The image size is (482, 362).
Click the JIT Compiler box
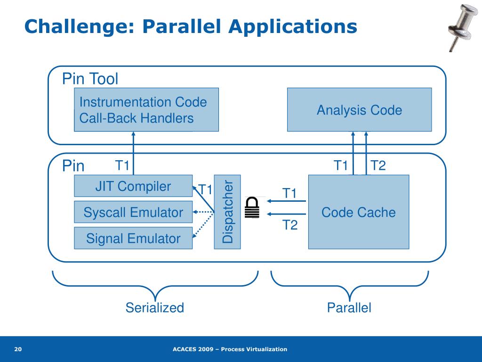click(x=133, y=186)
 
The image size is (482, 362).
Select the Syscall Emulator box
click(x=133, y=212)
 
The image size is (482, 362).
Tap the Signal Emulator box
click(x=133, y=238)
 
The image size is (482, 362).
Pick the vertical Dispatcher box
click(x=227, y=212)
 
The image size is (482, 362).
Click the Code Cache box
click(x=358, y=212)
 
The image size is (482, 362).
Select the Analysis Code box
click(x=359, y=110)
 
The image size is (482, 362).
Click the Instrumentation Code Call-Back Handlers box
click(x=146, y=110)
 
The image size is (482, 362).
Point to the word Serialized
click(x=154, y=308)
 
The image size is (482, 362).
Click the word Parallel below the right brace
click(x=349, y=308)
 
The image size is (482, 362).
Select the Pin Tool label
click(x=90, y=79)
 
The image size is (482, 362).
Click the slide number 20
click(x=18, y=349)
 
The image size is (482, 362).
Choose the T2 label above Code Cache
click(x=378, y=165)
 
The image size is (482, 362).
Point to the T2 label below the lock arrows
click(x=290, y=225)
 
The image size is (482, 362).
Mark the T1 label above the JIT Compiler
click(x=122, y=165)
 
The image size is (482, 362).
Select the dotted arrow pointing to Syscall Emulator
click(x=203, y=212)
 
